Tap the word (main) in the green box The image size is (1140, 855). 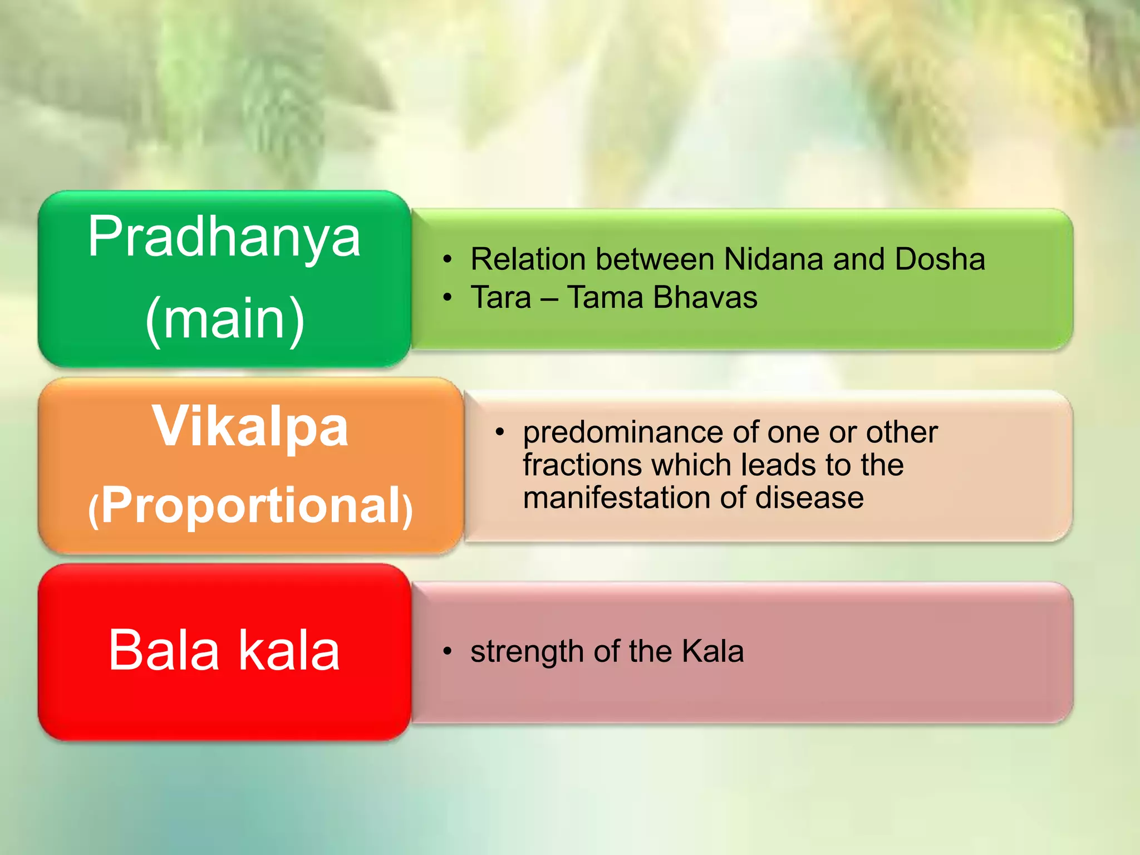pos(225,318)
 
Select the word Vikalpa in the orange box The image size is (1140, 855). pos(250,427)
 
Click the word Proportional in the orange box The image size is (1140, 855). pos(250,505)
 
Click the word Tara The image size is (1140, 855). pos(501,297)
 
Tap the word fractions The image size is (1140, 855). pos(582,465)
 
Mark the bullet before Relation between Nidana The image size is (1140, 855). pos(447,260)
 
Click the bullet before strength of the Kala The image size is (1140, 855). pos(447,651)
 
